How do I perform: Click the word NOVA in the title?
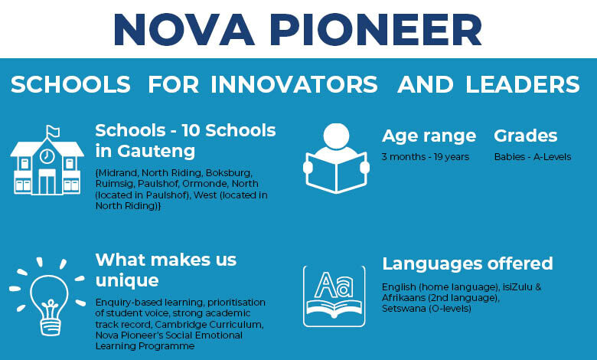(x=184, y=30)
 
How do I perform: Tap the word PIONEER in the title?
(x=377, y=30)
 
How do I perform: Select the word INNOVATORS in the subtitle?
(x=295, y=84)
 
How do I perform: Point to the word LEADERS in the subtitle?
(x=522, y=84)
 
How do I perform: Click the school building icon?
(x=47, y=160)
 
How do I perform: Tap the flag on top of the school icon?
(x=53, y=132)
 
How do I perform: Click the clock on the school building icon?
(x=47, y=156)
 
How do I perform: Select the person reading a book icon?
(x=336, y=158)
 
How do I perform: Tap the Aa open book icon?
(x=334, y=296)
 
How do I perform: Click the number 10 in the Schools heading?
(x=191, y=131)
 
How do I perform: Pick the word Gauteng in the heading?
(x=156, y=151)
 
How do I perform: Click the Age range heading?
(x=429, y=136)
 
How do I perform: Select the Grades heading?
(x=525, y=136)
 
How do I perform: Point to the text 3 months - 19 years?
(x=426, y=157)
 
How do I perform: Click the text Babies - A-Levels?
(x=533, y=157)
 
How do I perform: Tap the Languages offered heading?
(x=468, y=263)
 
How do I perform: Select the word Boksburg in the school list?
(x=228, y=173)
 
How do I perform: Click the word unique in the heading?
(x=127, y=281)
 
